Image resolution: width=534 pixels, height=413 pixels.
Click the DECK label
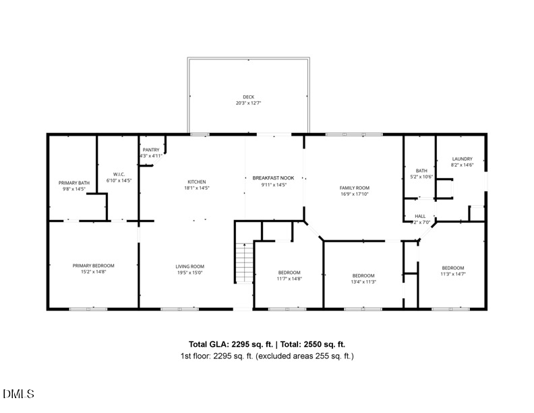249,97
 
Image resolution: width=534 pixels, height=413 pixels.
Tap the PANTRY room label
151,149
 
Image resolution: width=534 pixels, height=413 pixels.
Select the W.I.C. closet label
119,174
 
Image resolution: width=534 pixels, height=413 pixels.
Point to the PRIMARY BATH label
74,183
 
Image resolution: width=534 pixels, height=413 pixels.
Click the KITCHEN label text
196,182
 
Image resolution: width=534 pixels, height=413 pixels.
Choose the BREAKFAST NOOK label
274,177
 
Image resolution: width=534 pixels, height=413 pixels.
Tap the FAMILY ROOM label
354,188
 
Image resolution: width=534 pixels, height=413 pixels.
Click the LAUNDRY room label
463,159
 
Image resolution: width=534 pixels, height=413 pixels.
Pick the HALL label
419,217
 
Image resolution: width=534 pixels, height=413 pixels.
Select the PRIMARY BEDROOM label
94,266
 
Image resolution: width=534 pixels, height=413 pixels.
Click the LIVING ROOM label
189,267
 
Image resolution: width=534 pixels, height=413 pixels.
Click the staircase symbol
243,263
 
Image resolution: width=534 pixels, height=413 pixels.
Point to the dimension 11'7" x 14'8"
289,278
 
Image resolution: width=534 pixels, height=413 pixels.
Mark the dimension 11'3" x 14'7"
453,273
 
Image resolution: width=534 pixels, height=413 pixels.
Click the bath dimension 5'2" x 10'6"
422,177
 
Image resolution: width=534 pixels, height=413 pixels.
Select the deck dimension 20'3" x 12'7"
249,103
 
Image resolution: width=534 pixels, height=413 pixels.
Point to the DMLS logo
19,393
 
